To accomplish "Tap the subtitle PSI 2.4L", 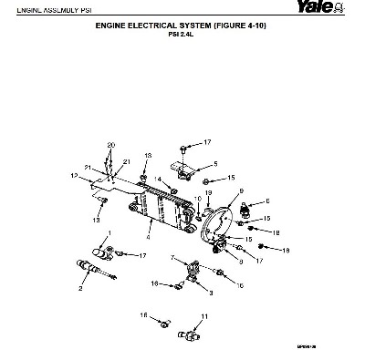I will pyautogui.click(x=182, y=36).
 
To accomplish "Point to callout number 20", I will pyautogui.click(x=111, y=146).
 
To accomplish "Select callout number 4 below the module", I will pyautogui.click(x=148, y=234).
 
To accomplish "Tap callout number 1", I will pyautogui.click(x=109, y=233).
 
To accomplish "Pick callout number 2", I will pyautogui.click(x=81, y=287).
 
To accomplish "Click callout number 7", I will pyautogui.click(x=172, y=258).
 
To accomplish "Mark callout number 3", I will pyautogui.click(x=211, y=293).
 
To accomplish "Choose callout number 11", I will pyautogui.click(x=204, y=315).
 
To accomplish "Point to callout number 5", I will pyautogui.click(x=215, y=163).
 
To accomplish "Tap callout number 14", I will pyautogui.click(x=157, y=179).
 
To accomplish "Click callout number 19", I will pyautogui.click(x=208, y=193).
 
